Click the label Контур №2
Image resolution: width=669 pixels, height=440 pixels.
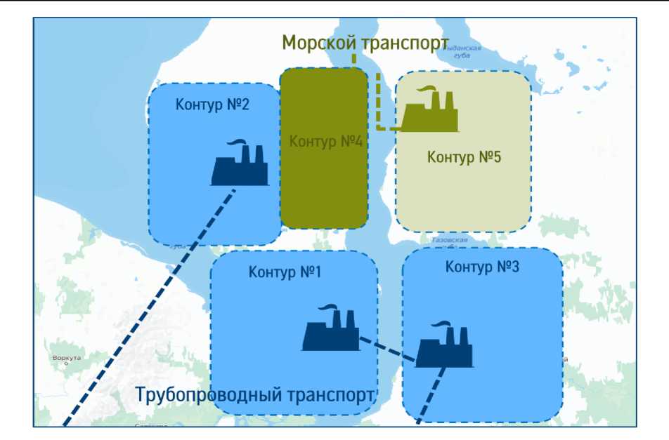click(212, 105)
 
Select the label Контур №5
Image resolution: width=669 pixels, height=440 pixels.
click(464, 157)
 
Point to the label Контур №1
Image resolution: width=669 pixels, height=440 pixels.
click(285, 272)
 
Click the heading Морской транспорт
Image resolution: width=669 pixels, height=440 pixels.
click(365, 43)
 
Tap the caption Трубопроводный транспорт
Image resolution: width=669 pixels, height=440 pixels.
click(255, 394)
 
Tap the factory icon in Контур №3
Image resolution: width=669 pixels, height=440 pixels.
click(444, 346)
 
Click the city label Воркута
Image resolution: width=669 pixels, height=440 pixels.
click(67, 358)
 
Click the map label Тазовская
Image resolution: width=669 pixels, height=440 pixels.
click(449, 240)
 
